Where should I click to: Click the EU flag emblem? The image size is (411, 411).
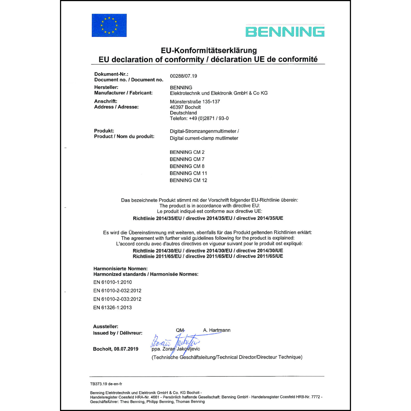(109, 25)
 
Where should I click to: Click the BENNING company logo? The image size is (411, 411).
(285, 31)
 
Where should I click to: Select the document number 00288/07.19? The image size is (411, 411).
(183, 76)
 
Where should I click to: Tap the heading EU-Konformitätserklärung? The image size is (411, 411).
(209, 50)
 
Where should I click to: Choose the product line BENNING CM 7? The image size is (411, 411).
(187, 159)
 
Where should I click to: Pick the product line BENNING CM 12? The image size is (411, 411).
(188, 180)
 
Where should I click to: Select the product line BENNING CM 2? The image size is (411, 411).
(187, 152)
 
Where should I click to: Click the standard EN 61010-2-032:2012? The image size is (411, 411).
(117, 291)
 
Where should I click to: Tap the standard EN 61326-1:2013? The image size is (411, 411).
(112, 308)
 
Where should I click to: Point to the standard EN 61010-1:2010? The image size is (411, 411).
(112, 282)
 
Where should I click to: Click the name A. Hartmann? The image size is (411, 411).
(217, 330)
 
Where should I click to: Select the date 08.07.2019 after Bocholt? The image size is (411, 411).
(126, 349)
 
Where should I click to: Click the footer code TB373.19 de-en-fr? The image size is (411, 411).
(106, 384)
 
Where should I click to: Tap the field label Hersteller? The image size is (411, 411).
(106, 87)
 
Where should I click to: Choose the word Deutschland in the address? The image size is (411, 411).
(183, 113)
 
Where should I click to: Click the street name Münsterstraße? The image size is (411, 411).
(185, 102)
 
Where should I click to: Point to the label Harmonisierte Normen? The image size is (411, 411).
(120, 269)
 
